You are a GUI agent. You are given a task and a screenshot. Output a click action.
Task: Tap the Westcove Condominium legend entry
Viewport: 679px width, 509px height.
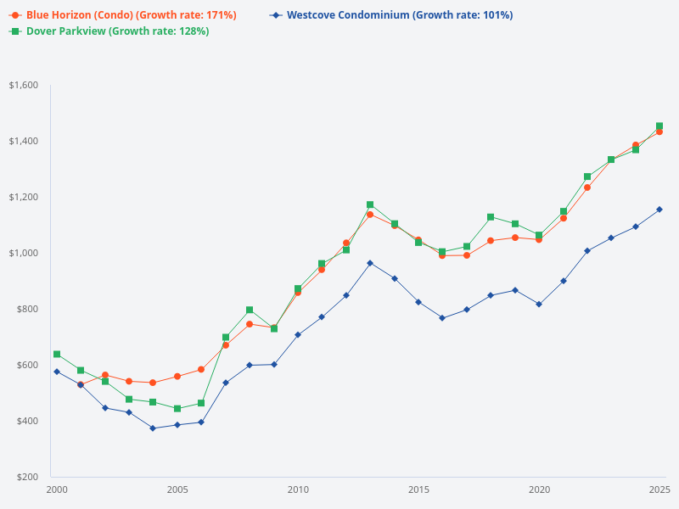pos(399,15)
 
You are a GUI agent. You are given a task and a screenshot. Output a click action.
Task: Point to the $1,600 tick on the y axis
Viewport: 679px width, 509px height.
pos(24,85)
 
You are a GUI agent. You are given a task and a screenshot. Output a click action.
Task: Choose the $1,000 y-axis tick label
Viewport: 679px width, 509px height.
pos(24,253)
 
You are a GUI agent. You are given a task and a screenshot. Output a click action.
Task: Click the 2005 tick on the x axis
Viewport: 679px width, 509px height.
pos(177,489)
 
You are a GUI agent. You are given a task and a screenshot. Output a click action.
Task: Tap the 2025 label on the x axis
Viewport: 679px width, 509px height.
pos(659,489)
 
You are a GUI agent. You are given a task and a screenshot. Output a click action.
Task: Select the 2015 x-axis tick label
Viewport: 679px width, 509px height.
pos(418,489)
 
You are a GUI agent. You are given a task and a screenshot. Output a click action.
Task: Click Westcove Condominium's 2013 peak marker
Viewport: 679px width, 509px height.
pos(370,263)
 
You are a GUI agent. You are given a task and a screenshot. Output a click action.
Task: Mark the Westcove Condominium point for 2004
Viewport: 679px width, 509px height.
pos(153,428)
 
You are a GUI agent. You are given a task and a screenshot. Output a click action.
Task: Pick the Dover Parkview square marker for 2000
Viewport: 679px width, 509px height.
pos(57,354)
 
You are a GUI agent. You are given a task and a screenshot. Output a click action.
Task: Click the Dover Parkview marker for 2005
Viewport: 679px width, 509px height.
pos(177,409)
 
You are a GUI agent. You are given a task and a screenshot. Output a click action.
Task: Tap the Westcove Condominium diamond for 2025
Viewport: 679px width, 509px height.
pos(659,210)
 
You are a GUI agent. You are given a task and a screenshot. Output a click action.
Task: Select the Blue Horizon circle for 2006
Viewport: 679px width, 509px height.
pos(201,370)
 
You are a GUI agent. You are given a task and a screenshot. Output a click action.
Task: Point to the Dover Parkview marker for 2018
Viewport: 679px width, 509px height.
pos(491,217)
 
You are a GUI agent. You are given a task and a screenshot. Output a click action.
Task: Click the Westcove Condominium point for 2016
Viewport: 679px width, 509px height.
pos(442,318)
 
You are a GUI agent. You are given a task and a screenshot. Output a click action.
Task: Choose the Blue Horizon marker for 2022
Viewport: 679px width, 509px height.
pos(586,187)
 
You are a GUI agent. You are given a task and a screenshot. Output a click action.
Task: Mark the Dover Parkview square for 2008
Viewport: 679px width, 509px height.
pos(250,310)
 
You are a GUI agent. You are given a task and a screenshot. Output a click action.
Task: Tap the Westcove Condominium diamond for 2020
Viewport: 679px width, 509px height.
pos(539,304)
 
